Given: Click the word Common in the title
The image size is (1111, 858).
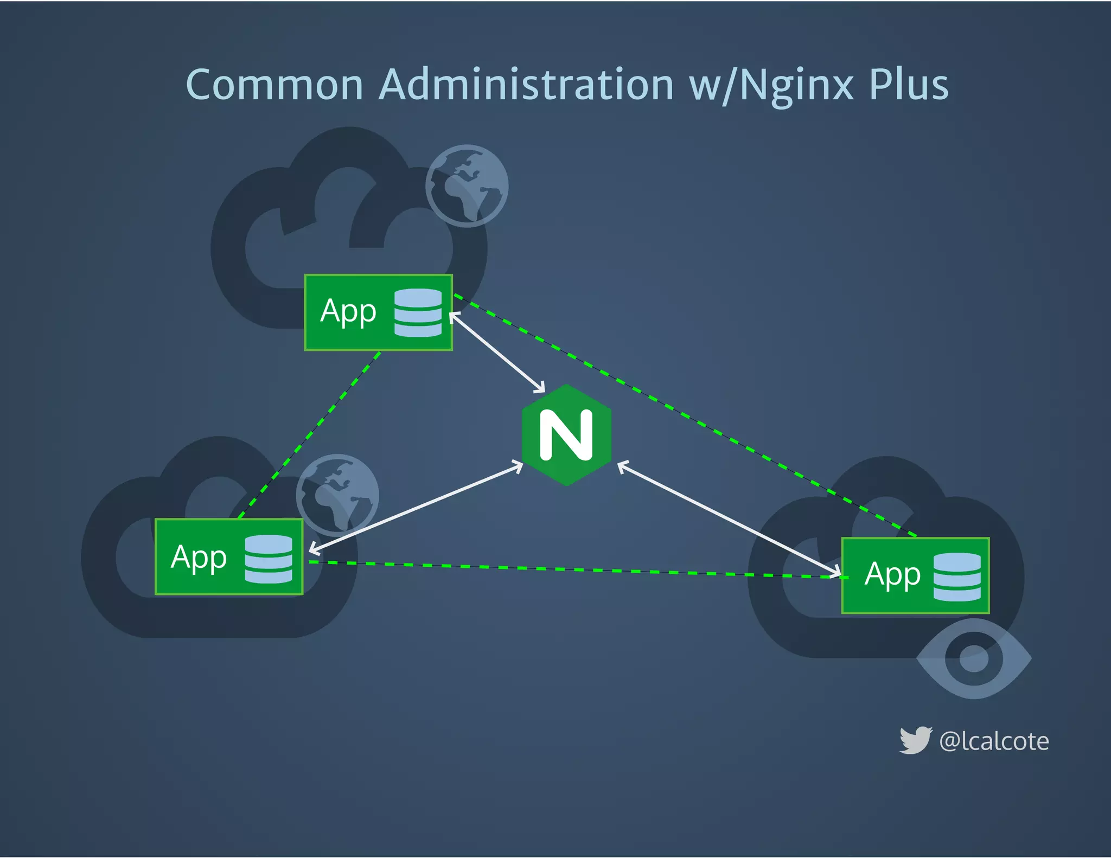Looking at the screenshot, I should (274, 85).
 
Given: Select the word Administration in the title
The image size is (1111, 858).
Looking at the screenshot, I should (526, 85).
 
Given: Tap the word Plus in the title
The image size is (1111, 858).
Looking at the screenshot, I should (909, 85).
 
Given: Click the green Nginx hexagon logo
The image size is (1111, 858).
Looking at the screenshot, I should (566, 435).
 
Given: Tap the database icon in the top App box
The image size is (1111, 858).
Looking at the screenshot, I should (418, 313).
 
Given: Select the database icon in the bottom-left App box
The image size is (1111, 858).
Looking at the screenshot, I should (269, 559).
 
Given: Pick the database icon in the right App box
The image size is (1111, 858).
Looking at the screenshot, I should (957, 577).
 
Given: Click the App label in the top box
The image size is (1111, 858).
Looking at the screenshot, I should (348, 312).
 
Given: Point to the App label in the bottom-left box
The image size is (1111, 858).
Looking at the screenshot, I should (199, 558).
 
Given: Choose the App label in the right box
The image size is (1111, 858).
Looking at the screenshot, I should (892, 575).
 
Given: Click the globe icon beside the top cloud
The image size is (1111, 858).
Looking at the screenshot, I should (467, 185).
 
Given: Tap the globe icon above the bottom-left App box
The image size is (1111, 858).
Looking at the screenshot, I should (337, 495).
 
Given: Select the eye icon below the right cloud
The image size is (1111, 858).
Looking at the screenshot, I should (974, 658).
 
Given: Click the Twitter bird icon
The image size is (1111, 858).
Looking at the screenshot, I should (915, 740).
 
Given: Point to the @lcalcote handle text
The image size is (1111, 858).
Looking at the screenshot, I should (994, 741).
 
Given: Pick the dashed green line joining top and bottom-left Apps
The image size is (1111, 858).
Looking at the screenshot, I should (310, 434).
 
